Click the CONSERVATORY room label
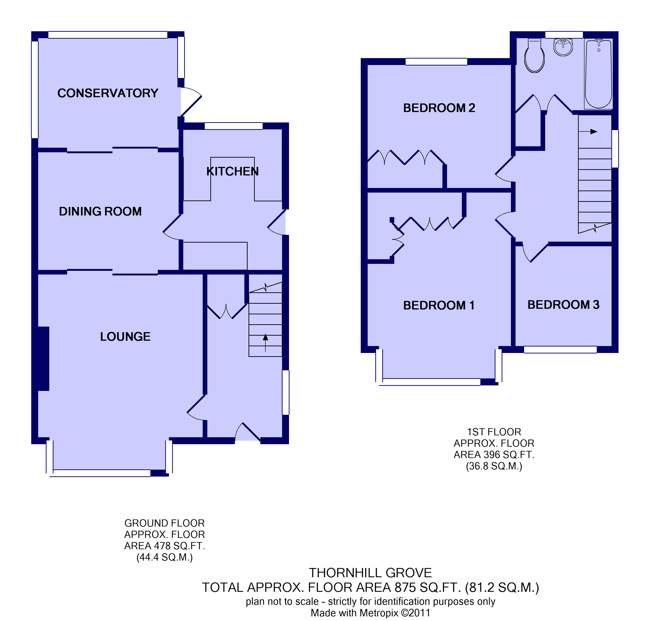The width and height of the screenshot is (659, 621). pyautogui.click(x=108, y=93)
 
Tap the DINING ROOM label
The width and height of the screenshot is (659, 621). pyautogui.click(x=100, y=212)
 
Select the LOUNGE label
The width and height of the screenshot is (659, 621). pyautogui.click(x=125, y=337)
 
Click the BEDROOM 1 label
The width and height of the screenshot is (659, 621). pyautogui.click(x=439, y=305)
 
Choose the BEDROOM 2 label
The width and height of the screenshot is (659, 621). pyautogui.click(x=439, y=108)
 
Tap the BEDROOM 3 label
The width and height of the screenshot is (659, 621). pyautogui.click(x=563, y=305)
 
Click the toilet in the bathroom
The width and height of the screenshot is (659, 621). pyautogui.click(x=534, y=55)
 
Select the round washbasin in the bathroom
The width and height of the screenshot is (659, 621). pyautogui.click(x=563, y=47)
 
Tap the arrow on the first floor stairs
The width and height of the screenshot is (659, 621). pyautogui.click(x=588, y=132)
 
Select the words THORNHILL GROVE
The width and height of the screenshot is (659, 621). pyautogui.click(x=370, y=573)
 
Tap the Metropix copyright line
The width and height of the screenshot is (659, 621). pyautogui.click(x=370, y=613)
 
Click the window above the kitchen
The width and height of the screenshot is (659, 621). pyautogui.click(x=234, y=126)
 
